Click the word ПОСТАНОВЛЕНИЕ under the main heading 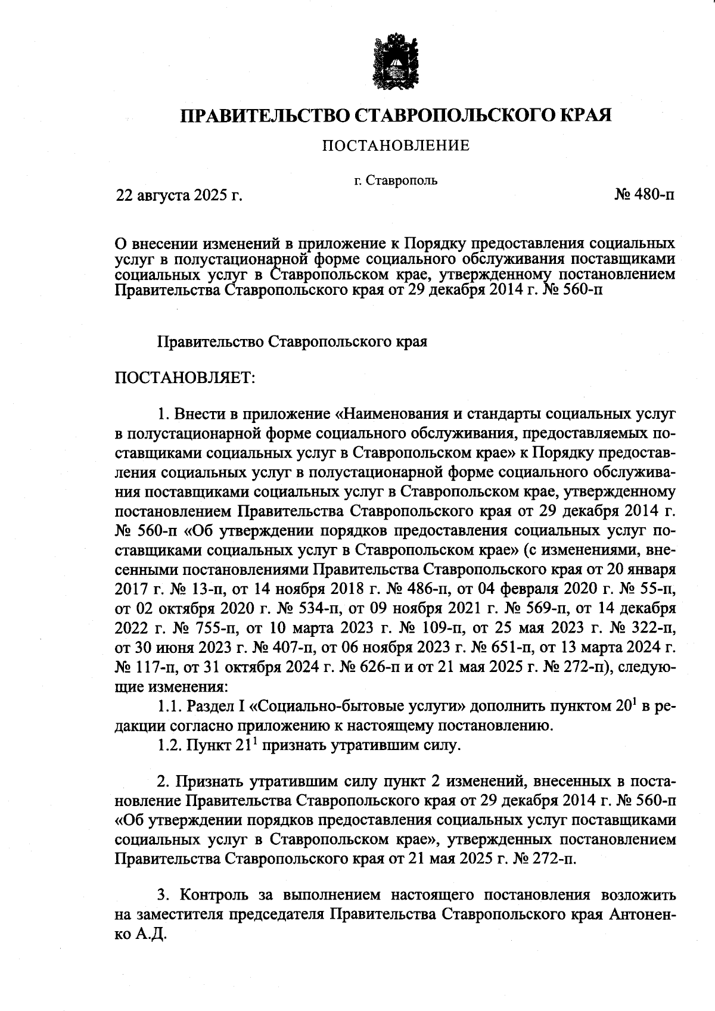click(x=396, y=145)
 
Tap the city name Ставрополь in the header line click(x=402, y=180)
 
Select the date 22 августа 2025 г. click(x=178, y=195)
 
